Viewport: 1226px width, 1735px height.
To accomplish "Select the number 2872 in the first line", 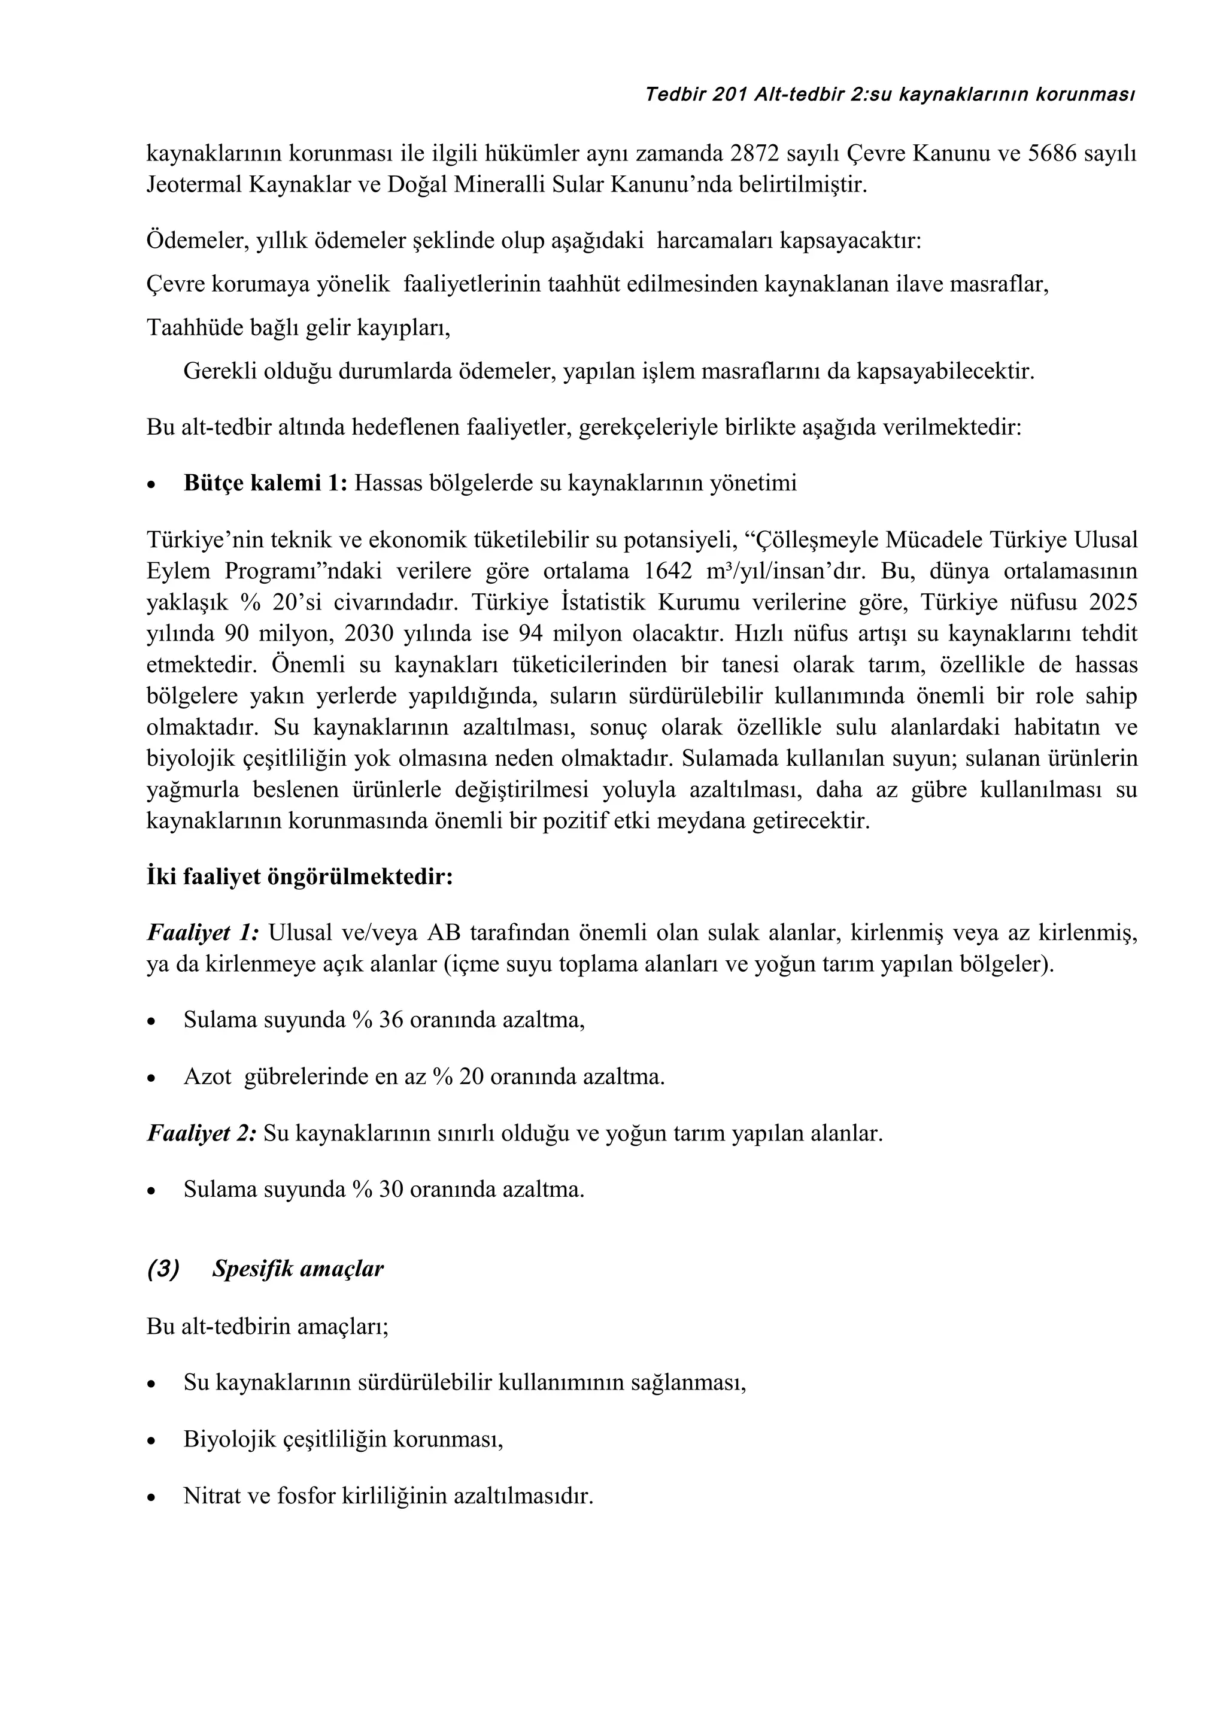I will point(756,153).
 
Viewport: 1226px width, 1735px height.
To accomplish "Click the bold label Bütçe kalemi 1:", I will point(265,484).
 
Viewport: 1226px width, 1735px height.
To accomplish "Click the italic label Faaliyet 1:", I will point(202,934).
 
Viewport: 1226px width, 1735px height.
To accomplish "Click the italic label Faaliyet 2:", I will point(202,1133).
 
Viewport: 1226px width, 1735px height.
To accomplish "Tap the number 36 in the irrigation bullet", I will point(392,1020).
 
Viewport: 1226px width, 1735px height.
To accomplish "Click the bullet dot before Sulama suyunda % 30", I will point(152,1191).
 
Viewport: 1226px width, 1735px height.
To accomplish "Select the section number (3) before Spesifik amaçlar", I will point(163,1269).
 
